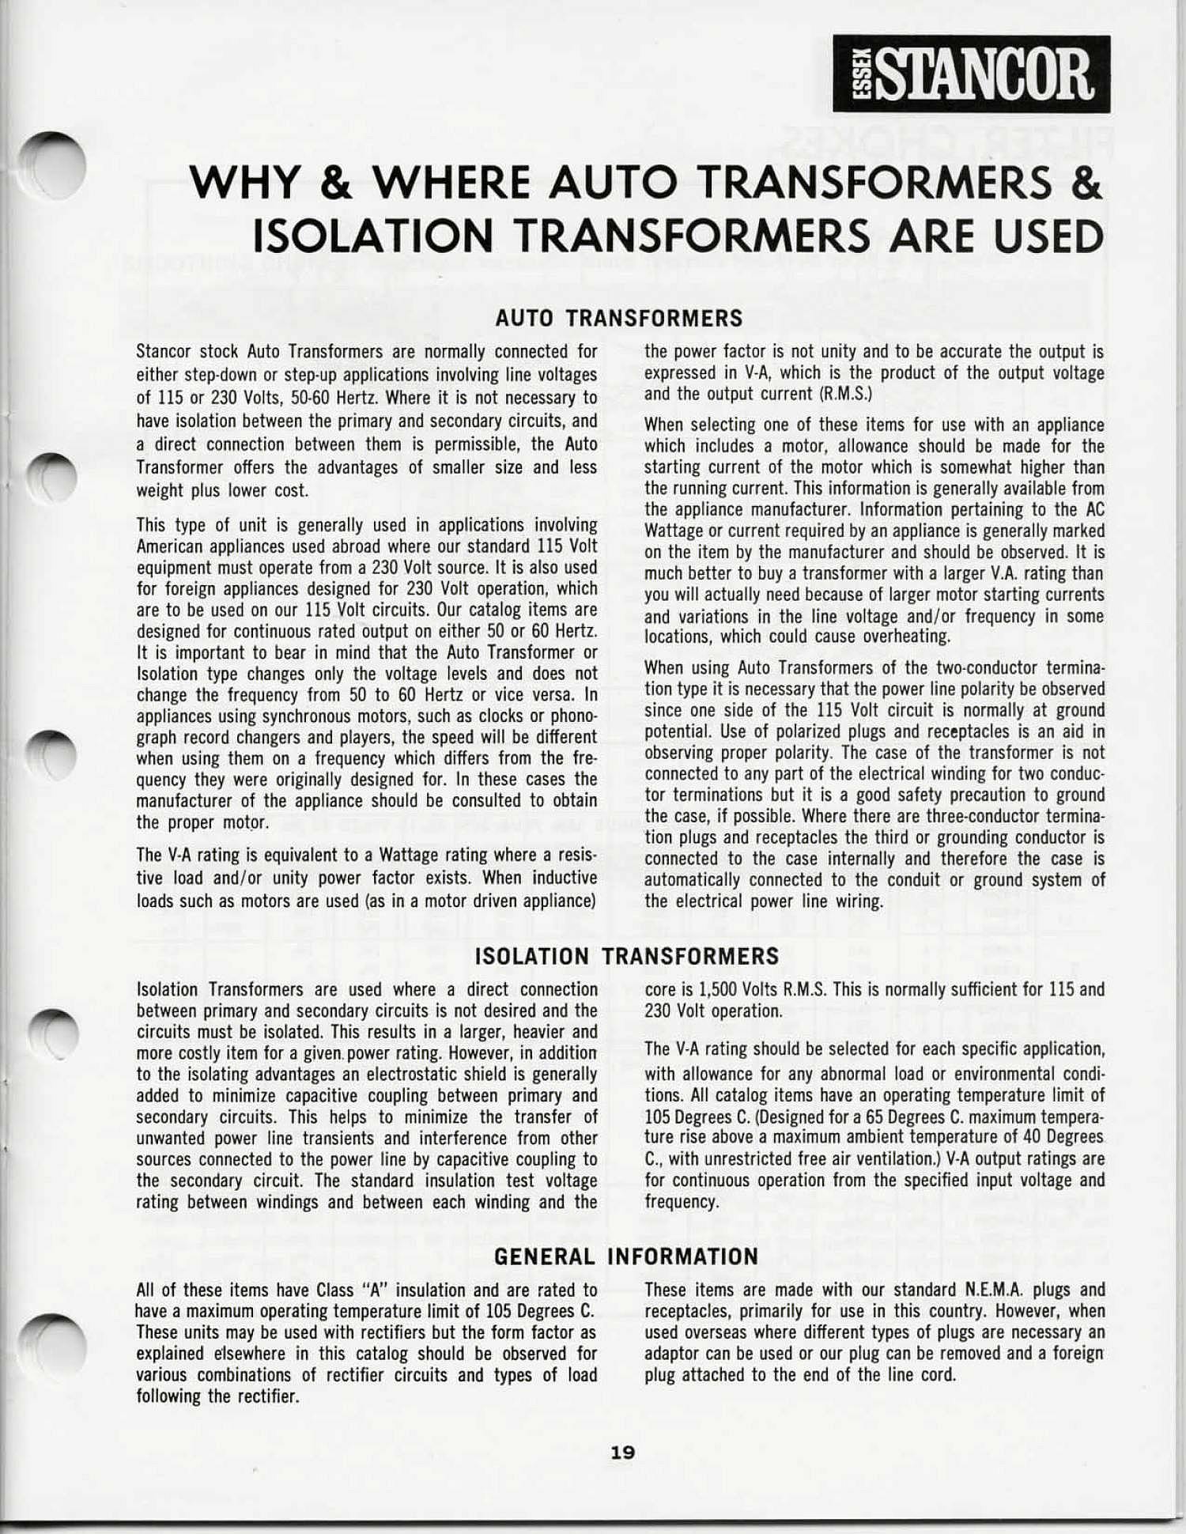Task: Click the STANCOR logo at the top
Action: pos(971,74)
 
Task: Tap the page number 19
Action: pos(622,1453)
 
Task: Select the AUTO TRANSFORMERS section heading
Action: pos(618,318)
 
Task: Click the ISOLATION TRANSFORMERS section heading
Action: pos(626,956)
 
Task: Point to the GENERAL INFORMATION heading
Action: pos(625,1256)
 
